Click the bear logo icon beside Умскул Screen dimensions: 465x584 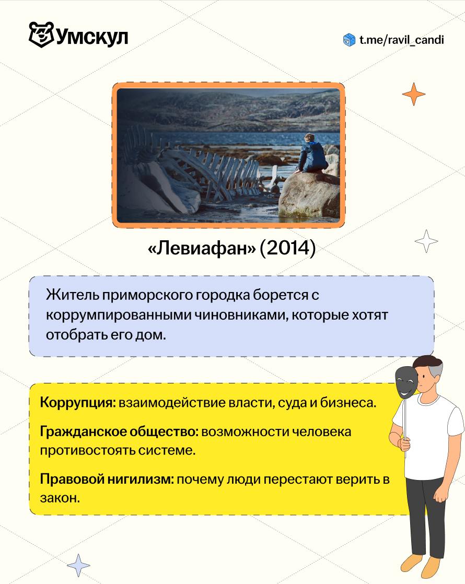point(41,34)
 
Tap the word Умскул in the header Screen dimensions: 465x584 point(92,37)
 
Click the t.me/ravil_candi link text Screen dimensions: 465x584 point(402,40)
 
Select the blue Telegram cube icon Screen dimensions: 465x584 point(349,40)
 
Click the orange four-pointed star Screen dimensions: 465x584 point(414,94)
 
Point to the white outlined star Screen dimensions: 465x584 point(426,241)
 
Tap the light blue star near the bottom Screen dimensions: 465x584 point(78,565)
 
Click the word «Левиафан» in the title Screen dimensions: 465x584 point(202,248)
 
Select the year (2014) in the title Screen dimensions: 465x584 point(288,248)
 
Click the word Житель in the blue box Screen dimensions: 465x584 point(73,295)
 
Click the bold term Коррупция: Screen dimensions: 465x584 point(78,403)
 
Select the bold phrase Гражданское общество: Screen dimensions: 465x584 point(119,431)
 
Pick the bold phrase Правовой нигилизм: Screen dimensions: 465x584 point(107,479)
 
